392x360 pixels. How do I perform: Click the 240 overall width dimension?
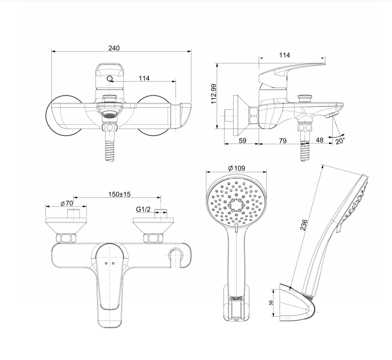tap(114, 48)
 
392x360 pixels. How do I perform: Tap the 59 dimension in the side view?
tap(242, 141)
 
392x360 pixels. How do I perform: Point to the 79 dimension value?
tap(282, 141)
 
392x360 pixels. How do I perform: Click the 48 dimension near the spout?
tap(319, 141)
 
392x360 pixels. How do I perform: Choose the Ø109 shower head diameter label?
tap(236, 168)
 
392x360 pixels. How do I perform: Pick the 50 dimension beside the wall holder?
tap(271, 302)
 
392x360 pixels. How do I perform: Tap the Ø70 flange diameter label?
tap(66, 203)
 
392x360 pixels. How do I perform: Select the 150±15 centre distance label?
tap(120, 194)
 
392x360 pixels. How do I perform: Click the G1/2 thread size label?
tap(142, 210)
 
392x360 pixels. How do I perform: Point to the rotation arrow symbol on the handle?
tap(110, 79)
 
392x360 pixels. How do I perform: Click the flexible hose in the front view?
tap(110, 147)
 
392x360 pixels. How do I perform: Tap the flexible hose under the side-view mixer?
tap(305, 150)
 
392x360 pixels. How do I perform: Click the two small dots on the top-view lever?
tap(109, 264)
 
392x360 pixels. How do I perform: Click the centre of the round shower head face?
tap(235, 203)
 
